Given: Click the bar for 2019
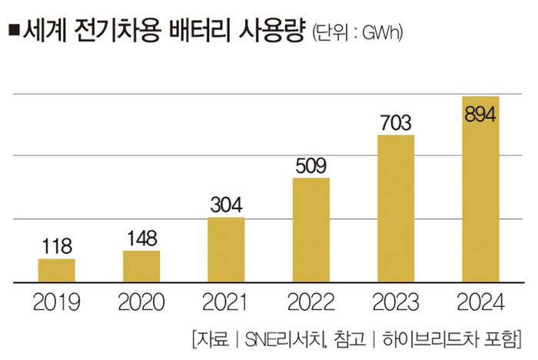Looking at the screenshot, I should [57, 270].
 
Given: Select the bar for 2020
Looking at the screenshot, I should [141, 266].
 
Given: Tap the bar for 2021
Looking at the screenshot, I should [226, 249].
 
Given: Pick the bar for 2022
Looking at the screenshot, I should [311, 230].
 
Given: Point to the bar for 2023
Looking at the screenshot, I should [396, 208].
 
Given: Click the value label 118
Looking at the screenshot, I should [57, 248].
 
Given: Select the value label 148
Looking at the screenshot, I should [141, 239].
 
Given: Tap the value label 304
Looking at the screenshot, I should [226, 205].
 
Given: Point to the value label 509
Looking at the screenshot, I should [311, 166].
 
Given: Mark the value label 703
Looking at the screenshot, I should [396, 123].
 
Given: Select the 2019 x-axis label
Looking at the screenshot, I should [57, 302].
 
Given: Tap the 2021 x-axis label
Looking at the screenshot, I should [226, 302].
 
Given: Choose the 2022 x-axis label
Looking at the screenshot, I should [311, 302].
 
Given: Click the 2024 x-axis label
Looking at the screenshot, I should [480, 302].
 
